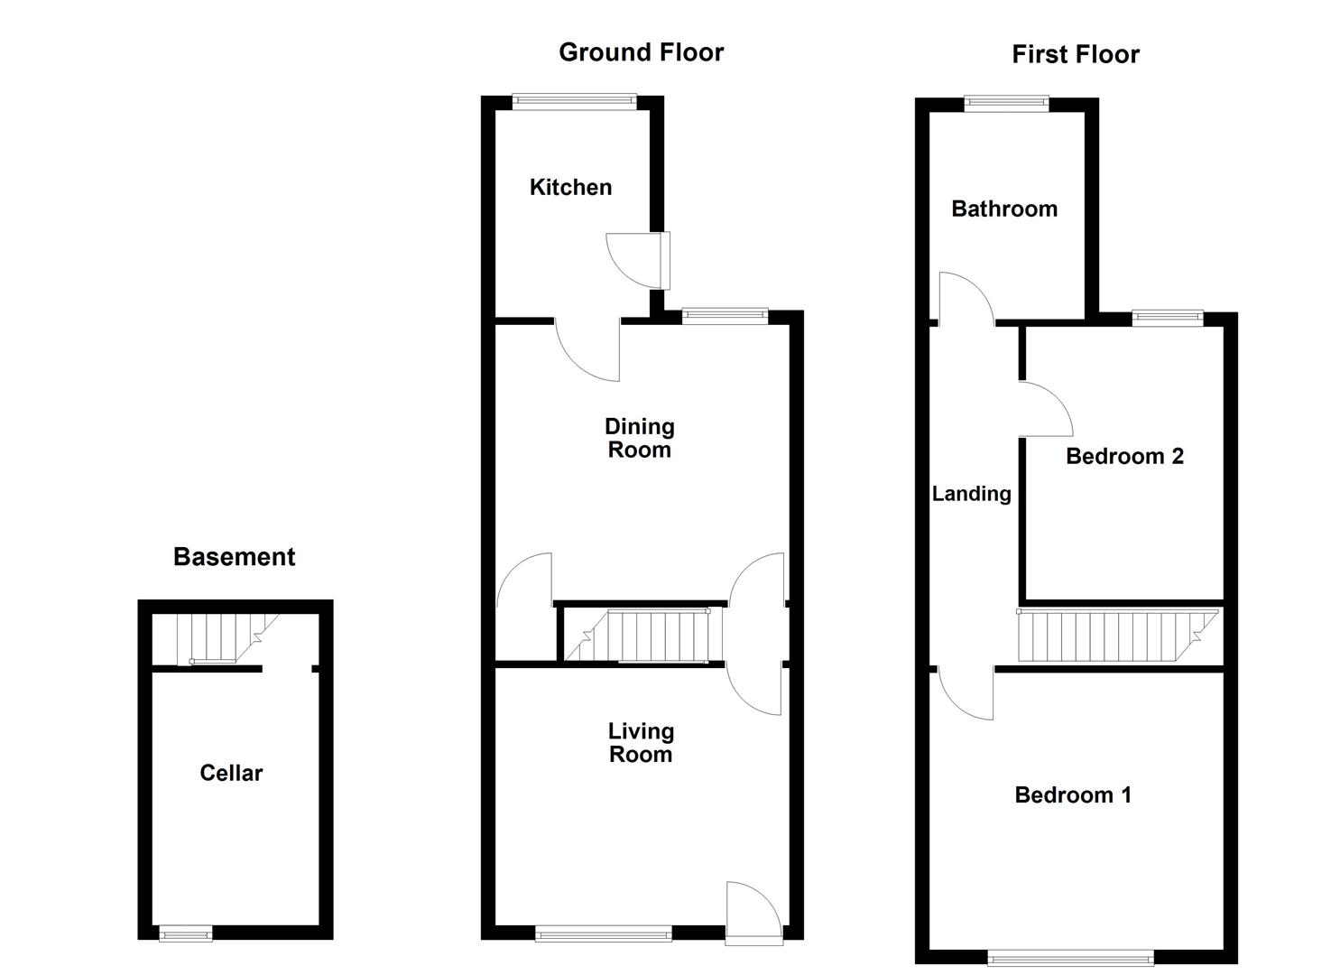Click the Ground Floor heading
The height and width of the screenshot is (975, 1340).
[641, 52]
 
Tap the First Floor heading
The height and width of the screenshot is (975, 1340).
[1075, 54]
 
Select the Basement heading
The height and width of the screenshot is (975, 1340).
[234, 557]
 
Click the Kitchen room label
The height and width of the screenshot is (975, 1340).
[570, 187]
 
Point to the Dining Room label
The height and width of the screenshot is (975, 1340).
[640, 438]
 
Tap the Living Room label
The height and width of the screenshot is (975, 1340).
[641, 743]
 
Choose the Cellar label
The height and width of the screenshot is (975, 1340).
[231, 773]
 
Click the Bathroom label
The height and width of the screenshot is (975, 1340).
[1004, 209]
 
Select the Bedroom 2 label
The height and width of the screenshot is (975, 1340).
[1124, 456]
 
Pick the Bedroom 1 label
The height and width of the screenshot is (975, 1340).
[1073, 794]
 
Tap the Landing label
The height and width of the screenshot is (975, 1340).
[971, 494]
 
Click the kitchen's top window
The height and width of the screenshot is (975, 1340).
[575, 101]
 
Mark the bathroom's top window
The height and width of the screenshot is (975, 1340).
[1007, 104]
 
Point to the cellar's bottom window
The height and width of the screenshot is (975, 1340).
[186, 933]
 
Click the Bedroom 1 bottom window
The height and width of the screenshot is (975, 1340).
[1070, 957]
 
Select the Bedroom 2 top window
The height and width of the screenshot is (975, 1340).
[1168, 317]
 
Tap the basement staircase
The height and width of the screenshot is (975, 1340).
[217, 638]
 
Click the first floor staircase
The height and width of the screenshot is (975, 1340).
[1117, 636]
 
